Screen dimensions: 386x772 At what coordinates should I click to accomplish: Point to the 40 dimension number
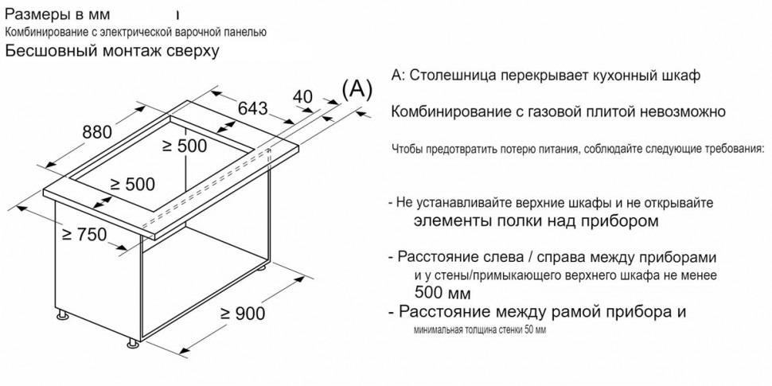point(303,97)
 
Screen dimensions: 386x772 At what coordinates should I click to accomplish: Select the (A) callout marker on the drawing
point(357,88)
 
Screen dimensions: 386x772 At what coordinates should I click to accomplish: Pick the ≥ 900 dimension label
point(241,314)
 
